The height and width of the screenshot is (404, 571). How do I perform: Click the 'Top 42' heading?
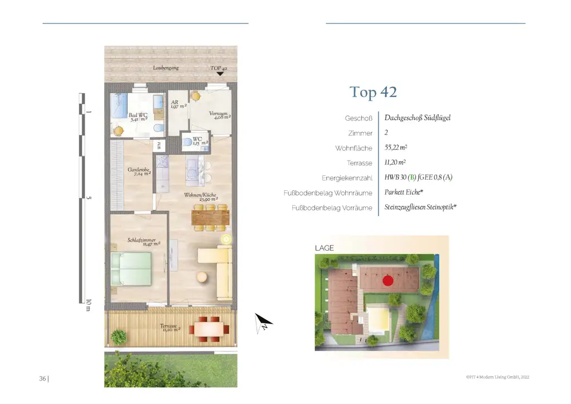373,92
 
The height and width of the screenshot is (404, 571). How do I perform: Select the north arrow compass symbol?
264,323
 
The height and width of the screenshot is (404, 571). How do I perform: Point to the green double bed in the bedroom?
131,269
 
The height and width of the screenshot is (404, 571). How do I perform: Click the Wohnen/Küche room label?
201,197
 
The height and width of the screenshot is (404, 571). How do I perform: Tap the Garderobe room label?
139,171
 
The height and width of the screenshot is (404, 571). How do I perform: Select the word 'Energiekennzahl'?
347,179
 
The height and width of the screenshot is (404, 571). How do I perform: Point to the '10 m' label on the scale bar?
88,305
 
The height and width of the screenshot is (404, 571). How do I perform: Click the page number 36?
42,379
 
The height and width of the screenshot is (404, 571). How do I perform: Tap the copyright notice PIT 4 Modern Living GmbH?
497,377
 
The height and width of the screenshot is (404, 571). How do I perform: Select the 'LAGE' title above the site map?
325,248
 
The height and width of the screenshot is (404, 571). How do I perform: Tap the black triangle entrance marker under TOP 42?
220,73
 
